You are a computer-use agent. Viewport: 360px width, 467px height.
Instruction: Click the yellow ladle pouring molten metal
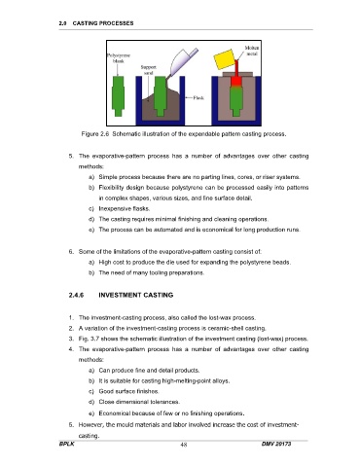click(226, 59)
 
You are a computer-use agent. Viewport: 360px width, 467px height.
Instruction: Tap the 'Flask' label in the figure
click(198, 97)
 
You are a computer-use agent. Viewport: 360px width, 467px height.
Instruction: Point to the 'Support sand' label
click(149, 70)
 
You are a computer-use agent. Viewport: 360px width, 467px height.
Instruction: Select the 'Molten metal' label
click(252, 51)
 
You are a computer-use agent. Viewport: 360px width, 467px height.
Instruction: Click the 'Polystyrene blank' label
click(119, 58)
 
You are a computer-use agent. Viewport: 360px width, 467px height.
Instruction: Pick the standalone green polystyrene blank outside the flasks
click(118, 95)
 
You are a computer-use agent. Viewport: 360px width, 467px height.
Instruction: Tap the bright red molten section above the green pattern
click(235, 82)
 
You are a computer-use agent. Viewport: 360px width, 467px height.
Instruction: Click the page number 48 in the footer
click(184, 445)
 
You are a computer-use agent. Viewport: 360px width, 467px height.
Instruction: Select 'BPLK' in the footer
click(66, 444)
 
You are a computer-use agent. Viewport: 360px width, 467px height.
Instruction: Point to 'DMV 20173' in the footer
click(276, 444)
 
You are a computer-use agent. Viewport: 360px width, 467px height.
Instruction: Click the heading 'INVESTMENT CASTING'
click(136, 295)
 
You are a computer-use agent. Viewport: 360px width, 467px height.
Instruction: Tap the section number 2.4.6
click(76, 295)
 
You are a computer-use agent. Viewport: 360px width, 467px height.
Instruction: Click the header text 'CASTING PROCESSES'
click(103, 23)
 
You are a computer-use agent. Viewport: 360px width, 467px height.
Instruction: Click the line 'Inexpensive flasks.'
click(125, 208)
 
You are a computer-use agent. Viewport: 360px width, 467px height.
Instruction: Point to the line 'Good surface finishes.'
click(128, 391)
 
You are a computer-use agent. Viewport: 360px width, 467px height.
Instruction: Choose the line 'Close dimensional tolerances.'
click(139, 402)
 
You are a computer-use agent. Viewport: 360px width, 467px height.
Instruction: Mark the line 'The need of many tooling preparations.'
click(152, 272)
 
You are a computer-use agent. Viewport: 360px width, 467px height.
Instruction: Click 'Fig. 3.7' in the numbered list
click(89, 339)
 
